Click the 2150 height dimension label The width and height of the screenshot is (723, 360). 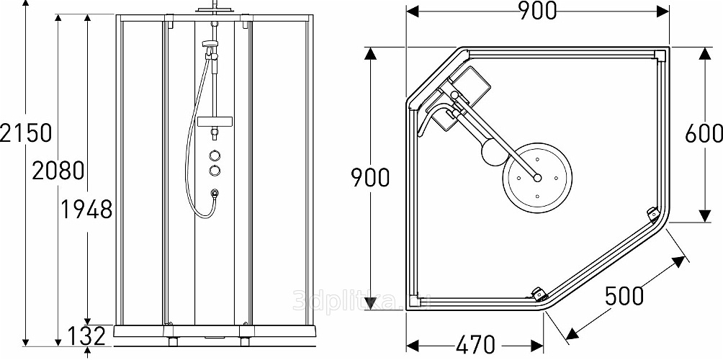25,133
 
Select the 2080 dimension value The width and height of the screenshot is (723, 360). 58,171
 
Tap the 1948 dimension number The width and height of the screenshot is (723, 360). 86,210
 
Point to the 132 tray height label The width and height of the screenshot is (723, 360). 86,336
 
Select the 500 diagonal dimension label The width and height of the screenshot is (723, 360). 624,296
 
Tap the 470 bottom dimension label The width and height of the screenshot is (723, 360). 475,345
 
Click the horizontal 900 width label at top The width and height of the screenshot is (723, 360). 538,11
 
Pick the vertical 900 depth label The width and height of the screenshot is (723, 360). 370,177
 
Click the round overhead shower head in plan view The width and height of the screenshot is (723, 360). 537,177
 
